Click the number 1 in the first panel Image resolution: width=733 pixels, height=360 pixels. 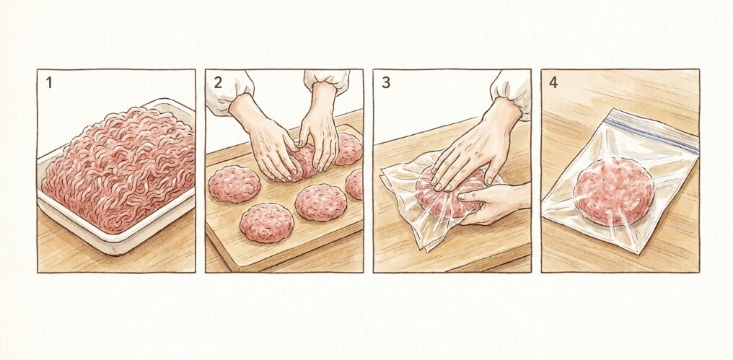pyautogui.click(x=49, y=82)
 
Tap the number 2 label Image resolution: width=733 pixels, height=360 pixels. pyautogui.click(x=218, y=82)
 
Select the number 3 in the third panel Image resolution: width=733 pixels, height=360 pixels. pyautogui.click(x=386, y=82)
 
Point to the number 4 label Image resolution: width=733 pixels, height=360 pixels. pyautogui.click(x=553, y=82)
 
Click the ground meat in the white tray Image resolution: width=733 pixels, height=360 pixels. pyautogui.click(x=119, y=166)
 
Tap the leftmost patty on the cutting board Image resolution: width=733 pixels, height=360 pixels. pyautogui.click(x=234, y=183)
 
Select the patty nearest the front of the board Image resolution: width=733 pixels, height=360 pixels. pyautogui.click(x=266, y=221)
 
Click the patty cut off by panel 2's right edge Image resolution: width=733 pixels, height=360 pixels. pyautogui.click(x=355, y=184)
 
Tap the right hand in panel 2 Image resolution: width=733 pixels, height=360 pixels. pyautogui.click(x=318, y=133)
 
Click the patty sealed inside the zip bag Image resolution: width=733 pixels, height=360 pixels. pyautogui.click(x=614, y=190)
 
